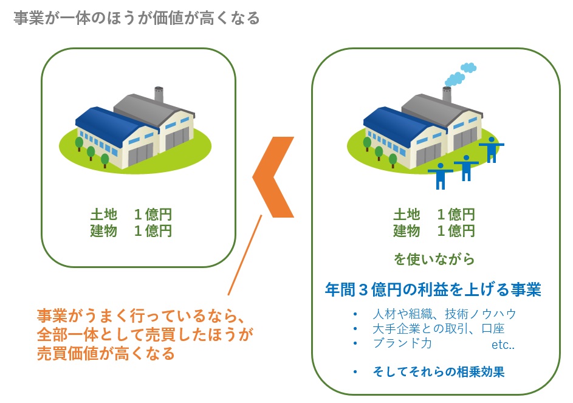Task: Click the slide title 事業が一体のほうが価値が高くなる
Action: tap(136, 18)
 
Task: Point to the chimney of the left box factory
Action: tap(159, 95)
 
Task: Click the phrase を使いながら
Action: tap(434, 260)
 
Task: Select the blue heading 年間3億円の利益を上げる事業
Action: tap(433, 289)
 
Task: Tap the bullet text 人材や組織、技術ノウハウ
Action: tap(444, 314)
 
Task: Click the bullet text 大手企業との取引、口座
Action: tap(437, 329)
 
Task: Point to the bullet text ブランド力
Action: tap(402, 343)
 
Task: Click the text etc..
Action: tap(503, 345)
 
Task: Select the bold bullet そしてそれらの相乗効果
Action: tap(438, 371)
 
